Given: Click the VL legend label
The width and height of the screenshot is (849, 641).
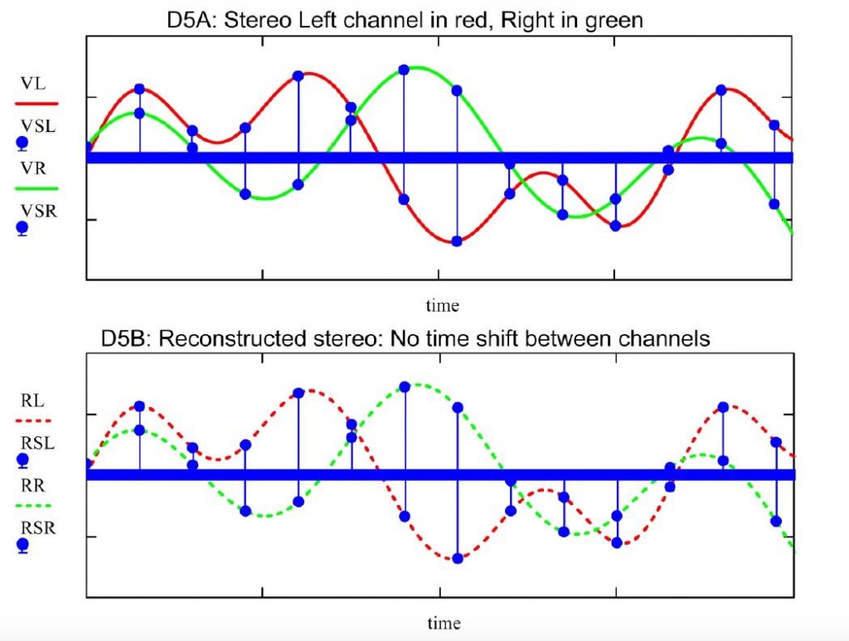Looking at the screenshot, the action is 33,84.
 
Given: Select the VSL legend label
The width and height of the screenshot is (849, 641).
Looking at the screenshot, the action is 38,126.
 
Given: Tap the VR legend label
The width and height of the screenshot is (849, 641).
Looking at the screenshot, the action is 33,168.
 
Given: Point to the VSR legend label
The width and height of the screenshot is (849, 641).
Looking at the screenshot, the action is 38,211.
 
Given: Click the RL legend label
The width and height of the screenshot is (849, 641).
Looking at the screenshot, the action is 32,401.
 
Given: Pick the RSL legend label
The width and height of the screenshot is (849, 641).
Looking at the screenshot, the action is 38,444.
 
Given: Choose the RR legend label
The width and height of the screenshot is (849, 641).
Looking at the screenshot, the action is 33,486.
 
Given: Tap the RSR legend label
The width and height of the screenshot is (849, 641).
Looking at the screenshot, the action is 38,528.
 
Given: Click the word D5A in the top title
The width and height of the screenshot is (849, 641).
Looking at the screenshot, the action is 192,21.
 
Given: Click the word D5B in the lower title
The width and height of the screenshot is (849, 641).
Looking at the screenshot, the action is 127,339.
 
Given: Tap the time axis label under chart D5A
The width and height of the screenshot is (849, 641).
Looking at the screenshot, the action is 443,306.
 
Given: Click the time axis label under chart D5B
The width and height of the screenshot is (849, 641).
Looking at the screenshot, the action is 444,623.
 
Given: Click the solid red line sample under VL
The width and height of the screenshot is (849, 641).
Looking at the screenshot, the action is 36,103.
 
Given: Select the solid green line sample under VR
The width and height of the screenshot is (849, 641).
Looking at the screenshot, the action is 36,188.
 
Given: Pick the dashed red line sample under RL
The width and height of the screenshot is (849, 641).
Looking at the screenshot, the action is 33,420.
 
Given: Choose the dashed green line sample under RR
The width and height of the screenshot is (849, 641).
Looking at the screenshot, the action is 33,506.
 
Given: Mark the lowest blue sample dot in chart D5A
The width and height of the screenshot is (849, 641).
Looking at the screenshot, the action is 457,241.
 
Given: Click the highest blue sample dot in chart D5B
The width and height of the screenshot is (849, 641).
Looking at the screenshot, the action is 405,387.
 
